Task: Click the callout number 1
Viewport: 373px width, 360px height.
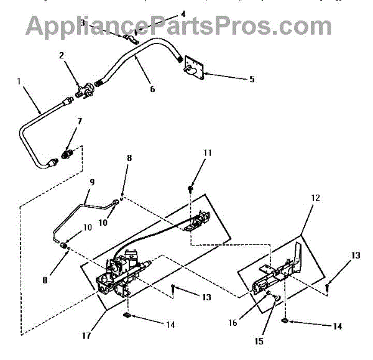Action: coord(19,81)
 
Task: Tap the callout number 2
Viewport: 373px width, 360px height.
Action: coord(62,56)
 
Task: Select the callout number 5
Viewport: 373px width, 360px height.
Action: coord(252,79)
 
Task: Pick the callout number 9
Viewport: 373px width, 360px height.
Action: coord(92,182)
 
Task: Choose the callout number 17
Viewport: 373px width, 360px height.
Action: coord(85,336)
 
